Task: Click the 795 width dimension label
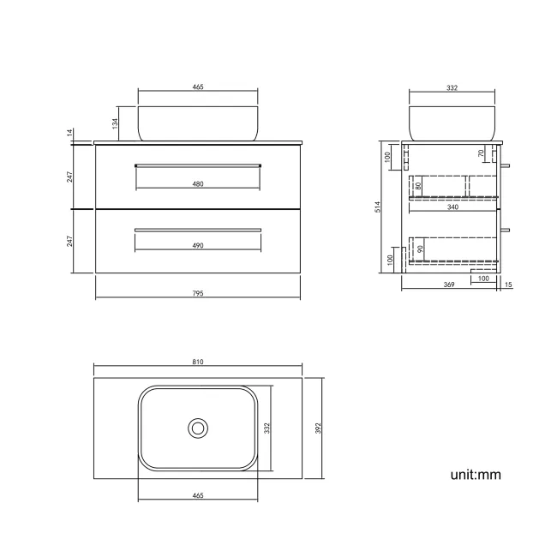coord(198,294)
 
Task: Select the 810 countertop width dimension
coord(198,362)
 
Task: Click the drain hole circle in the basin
coord(198,427)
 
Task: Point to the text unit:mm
coord(475,474)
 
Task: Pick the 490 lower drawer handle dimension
coord(198,246)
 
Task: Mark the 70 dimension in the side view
coord(482,154)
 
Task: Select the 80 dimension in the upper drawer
coord(418,184)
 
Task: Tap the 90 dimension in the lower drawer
coord(420,249)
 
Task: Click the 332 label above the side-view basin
coord(452,87)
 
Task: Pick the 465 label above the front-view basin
coord(198,87)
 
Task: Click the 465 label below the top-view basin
coord(198,495)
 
